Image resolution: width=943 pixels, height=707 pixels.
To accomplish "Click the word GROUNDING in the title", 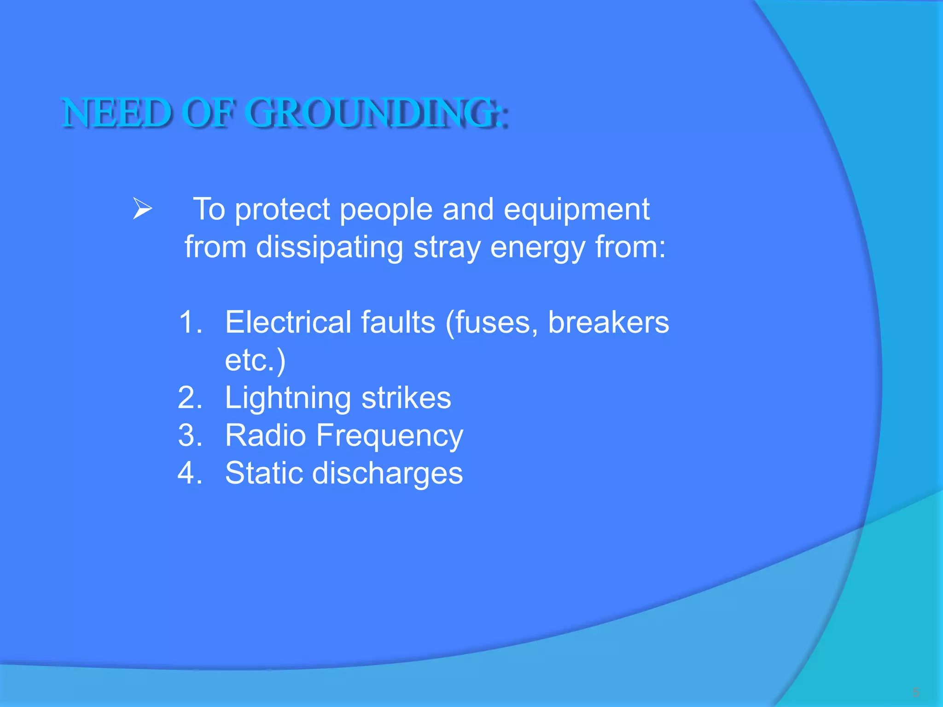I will click(x=373, y=113).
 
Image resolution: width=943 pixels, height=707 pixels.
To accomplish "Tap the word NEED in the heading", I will click(x=116, y=113).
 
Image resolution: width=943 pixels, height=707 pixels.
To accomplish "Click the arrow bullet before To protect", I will click(x=142, y=209).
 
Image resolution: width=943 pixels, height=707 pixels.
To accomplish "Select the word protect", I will click(x=282, y=210).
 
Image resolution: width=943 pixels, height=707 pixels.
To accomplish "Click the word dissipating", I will click(x=330, y=248).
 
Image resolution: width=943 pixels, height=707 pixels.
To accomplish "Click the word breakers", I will click(x=608, y=322).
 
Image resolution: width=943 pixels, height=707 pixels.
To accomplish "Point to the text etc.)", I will click(x=255, y=360).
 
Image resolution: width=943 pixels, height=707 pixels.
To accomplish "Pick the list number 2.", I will click(x=190, y=398).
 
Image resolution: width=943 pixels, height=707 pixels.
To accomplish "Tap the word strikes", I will click(x=406, y=398).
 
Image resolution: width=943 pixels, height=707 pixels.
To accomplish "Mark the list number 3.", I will click(x=190, y=435).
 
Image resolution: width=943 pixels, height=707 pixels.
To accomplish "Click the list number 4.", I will click(x=190, y=473).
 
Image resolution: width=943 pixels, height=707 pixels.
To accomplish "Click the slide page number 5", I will click(x=915, y=692).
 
